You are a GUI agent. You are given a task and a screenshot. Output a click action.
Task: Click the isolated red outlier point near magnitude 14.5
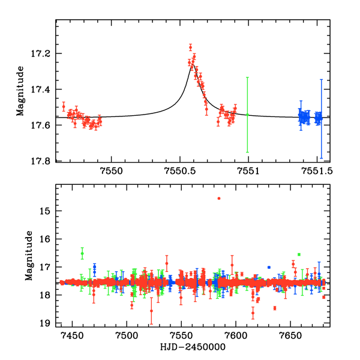[219, 198]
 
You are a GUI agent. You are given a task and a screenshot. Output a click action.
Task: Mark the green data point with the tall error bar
[247, 114]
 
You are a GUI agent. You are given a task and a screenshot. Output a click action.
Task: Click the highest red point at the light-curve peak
[190, 47]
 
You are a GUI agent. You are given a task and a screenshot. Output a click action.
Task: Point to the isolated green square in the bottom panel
[299, 254]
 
